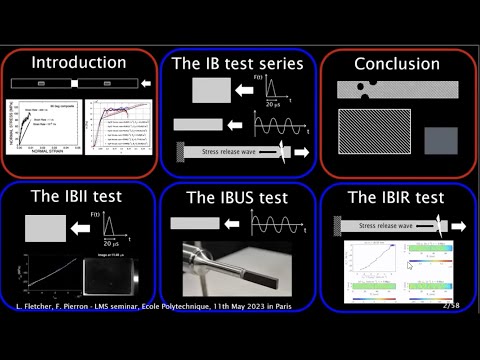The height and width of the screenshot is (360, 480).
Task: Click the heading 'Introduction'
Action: [78, 63]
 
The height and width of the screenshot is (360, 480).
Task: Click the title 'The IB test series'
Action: [238, 63]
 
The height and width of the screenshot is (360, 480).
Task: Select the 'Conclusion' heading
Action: [397, 64]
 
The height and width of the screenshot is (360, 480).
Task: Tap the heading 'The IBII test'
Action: [78, 197]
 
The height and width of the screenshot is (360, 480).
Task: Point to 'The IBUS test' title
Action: [238, 197]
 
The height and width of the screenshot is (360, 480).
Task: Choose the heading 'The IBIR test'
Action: [397, 197]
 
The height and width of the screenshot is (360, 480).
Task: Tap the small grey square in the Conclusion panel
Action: [440, 140]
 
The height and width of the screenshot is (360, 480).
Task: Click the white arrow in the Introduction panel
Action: [147, 84]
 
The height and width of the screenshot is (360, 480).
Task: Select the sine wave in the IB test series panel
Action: [271, 125]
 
